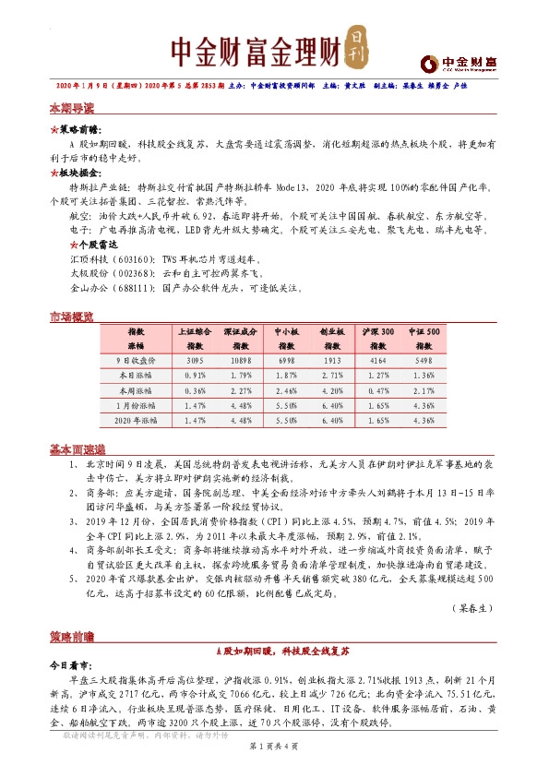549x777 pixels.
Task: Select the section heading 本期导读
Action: coord(71,108)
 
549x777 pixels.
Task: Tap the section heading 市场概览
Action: coord(71,318)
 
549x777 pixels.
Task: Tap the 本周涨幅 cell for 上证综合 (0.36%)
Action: coord(195,392)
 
